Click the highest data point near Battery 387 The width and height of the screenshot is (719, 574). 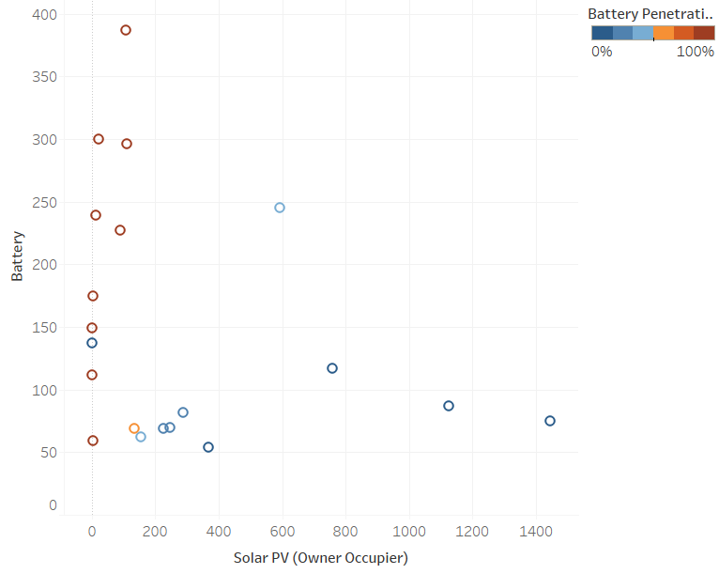coord(126,30)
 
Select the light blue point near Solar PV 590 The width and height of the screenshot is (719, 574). coord(280,208)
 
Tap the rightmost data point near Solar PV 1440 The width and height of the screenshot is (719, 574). coord(550,421)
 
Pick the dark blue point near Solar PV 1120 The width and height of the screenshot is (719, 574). coord(449,406)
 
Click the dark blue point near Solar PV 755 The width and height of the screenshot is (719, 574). coord(332,368)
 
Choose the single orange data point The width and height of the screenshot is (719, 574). coord(134,428)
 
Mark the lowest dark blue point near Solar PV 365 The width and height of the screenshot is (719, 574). coord(208,447)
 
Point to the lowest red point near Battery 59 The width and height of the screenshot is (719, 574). coord(93,441)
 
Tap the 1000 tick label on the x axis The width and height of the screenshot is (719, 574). coord(409,532)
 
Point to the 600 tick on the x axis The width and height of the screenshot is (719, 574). coord(283,532)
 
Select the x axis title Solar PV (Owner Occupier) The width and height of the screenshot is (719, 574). coord(320,558)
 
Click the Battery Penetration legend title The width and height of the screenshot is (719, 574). coord(650,14)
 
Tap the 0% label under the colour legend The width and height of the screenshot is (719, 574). coord(602,52)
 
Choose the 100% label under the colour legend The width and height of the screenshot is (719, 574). coord(696,52)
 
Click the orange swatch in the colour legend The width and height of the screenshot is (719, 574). coord(664,33)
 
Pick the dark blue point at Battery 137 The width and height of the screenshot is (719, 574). coord(92,343)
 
